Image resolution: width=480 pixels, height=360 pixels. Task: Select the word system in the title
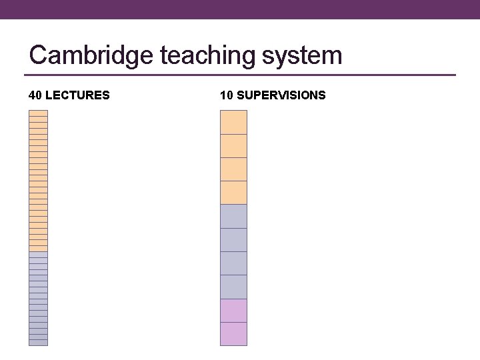click(302, 55)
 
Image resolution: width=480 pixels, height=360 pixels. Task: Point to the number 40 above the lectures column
click(35, 95)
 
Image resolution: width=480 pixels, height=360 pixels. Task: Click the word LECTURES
click(77, 95)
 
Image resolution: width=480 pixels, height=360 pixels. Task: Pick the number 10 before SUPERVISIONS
click(226, 95)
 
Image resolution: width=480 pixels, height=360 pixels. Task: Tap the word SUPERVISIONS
click(281, 95)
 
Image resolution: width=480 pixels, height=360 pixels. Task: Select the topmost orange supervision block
click(233, 122)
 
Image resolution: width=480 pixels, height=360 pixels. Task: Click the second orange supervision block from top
click(233, 146)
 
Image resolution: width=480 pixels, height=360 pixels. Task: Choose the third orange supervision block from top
click(233, 169)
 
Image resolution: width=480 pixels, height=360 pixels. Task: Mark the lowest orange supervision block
click(233, 193)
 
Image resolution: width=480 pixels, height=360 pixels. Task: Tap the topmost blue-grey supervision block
click(233, 217)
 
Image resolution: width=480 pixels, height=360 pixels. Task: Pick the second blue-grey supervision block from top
click(233, 240)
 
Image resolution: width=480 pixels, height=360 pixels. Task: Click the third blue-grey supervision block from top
click(233, 263)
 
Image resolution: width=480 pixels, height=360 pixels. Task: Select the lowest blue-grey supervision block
click(233, 287)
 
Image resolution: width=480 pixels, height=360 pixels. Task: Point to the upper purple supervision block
click(233, 311)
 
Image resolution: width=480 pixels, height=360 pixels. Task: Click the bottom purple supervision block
click(233, 334)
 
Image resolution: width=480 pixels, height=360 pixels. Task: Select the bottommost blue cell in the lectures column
click(38, 343)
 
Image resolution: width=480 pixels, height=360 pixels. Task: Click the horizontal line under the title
click(240, 75)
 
